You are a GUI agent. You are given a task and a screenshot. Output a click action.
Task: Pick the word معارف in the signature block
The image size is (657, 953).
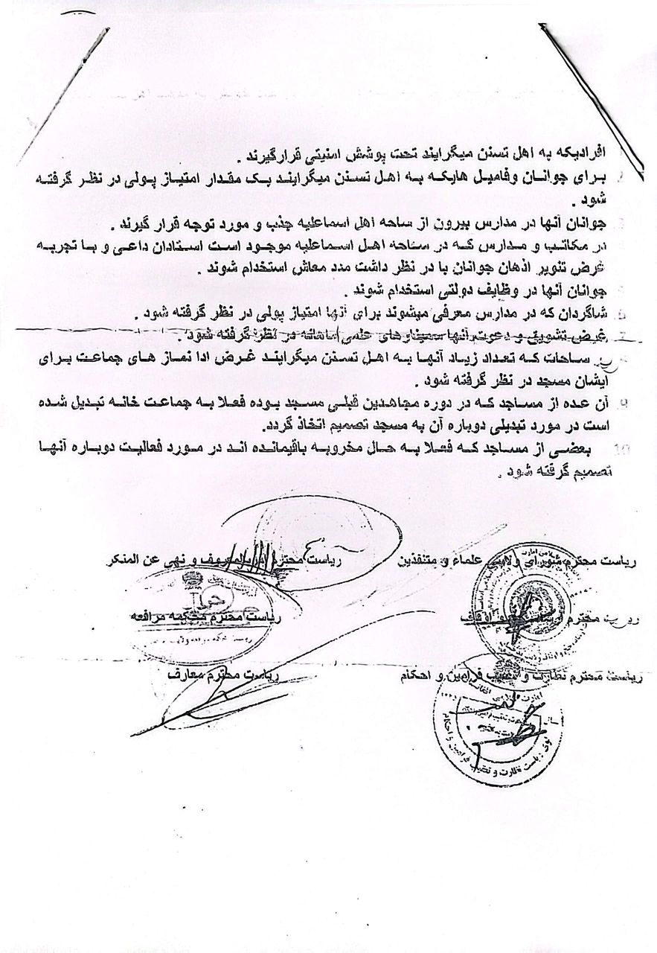point(188,675)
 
